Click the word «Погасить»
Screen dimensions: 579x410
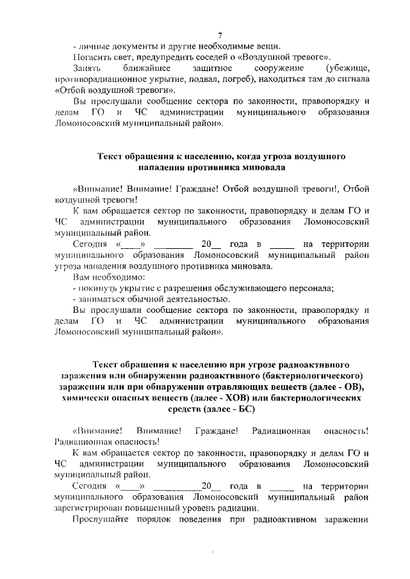pos(92,57)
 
